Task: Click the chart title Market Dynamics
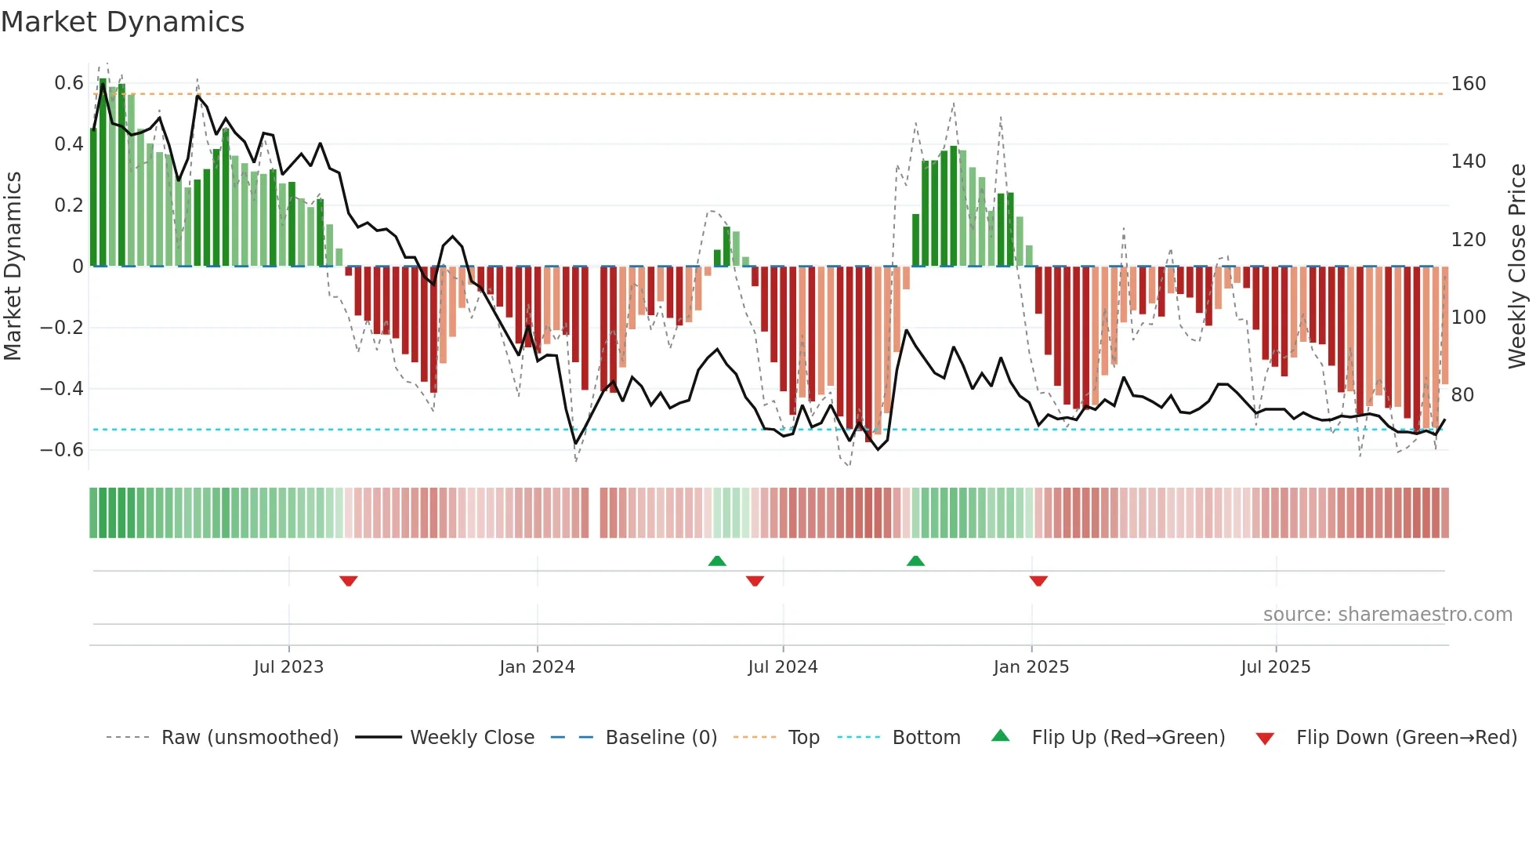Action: pos(122,22)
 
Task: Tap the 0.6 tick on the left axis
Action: pos(68,83)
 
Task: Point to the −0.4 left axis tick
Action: pos(62,389)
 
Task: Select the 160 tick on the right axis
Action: pos(1468,84)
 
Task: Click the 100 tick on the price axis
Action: pos(1468,318)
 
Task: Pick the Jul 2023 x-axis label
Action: pos(288,667)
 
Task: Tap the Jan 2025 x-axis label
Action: pos(1031,667)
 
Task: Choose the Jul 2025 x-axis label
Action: pos(1275,667)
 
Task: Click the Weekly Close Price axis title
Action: pos(1517,267)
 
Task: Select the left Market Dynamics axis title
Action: pos(13,267)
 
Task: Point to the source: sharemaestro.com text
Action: pos(1387,615)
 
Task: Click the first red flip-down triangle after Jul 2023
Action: pos(349,581)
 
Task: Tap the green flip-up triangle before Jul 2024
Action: pos(717,561)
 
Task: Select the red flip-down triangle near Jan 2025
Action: pos(1038,581)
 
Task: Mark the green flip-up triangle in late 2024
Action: pos(915,561)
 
